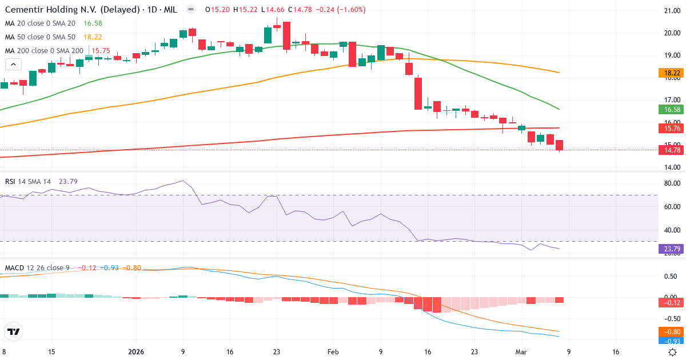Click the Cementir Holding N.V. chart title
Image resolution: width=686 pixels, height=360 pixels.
(x=72, y=10)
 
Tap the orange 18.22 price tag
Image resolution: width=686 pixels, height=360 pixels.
(x=668, y=73)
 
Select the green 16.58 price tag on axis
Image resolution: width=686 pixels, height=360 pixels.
(x=668, y=109)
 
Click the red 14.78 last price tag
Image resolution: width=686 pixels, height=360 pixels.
(x=668, y=150)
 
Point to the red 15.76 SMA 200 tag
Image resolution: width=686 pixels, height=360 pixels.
(x=668, y=129)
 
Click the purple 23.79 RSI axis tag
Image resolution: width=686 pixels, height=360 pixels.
(x=668, y=249)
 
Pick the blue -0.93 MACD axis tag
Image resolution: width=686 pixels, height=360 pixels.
(x=668, y=341)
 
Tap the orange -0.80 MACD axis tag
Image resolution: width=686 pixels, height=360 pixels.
(x=668, y=331)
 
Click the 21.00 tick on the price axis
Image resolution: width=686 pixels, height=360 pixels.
(x=670, y=11)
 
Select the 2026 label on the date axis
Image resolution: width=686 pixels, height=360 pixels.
(x=136, y=352)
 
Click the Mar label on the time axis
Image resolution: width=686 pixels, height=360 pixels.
(x=520, y=352)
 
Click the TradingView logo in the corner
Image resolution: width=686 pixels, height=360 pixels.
(x=14, y=331)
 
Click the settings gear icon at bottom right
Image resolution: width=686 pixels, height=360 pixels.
(x=673, y=352)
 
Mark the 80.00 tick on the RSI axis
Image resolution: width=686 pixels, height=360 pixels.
(x=670, y=183)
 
